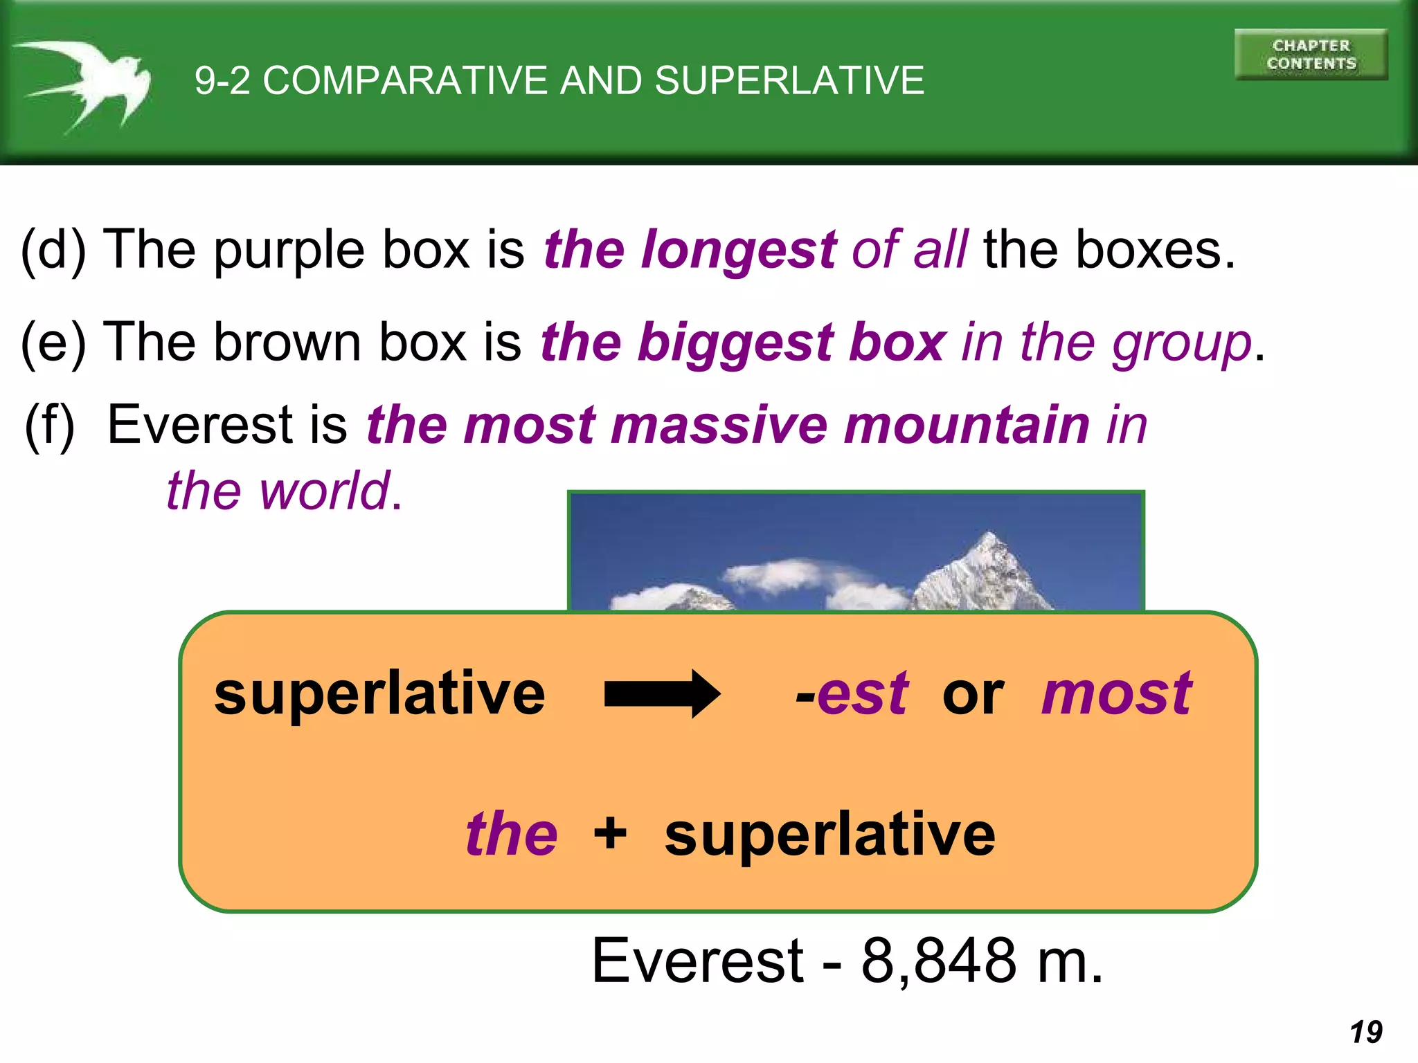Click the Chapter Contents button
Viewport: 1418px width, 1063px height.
pos(1311,55)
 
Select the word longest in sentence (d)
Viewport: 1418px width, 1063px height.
pos(739,251)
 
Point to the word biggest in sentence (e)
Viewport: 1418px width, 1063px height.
pos(735,343)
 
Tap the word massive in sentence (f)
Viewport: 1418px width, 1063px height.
pos(719,425)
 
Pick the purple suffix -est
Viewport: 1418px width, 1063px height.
pos(852,693)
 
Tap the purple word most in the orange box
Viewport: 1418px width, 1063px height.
pos(1116,693)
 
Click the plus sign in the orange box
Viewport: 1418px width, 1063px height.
pos(610,833)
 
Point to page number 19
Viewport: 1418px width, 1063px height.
pos(1365,1032)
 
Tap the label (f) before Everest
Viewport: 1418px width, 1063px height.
pos(49,426)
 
